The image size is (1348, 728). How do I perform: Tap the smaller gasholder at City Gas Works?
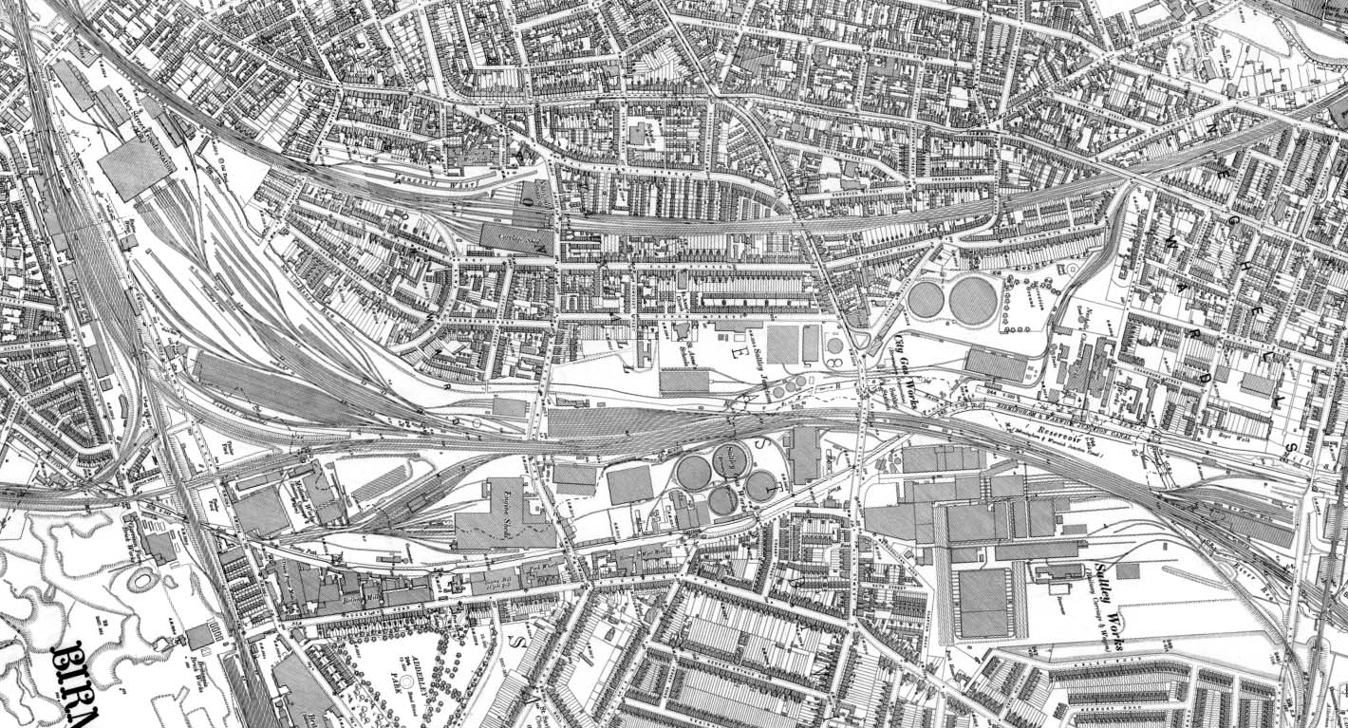point(926,301)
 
